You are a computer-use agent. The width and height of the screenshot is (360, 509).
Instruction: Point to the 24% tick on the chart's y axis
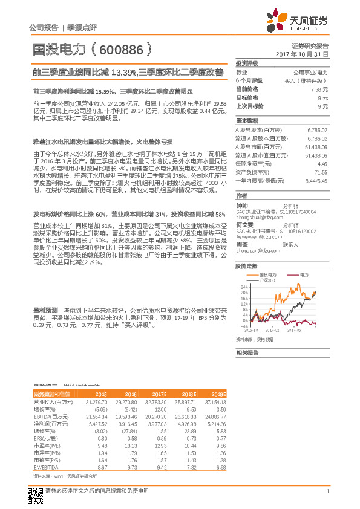(x=244, y=287)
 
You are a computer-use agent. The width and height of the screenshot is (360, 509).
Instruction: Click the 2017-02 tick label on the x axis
(x=274, y=331)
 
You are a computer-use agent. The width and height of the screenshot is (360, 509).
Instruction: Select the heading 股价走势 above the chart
(x=246, y=265)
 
